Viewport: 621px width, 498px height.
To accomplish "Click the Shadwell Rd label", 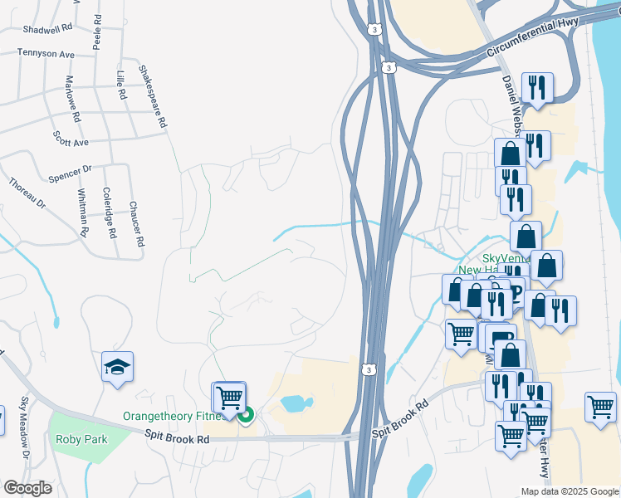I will pyautogui.click(x=48, y=27).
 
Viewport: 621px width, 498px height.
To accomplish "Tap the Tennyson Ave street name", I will pyautogui.click(x=46, y=54).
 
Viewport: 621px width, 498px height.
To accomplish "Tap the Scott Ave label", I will pyautogui.click(x=71, y=138).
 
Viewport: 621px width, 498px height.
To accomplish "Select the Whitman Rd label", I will pyautogui.click(x=82, y=212).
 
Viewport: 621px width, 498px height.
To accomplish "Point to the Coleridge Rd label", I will pyautogui.click(x=108, y=212).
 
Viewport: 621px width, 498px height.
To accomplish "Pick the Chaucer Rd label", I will pyautogui.click(x=136, y=223).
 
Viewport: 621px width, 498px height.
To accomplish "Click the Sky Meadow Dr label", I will pyautogui.click(x=25, y=427).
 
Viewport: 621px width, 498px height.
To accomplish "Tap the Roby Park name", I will pyautogui.click(x=81, y=439).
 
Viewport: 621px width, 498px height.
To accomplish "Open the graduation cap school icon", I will pyautogui.click(x=117, y=365).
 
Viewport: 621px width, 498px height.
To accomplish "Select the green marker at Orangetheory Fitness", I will pyautogui.click(x=246, y=415).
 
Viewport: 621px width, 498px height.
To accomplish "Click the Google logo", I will pyautogui.click(x=27, y=488).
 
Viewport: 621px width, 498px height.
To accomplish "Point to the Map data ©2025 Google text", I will pyautogui.click(x=569, y=491).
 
